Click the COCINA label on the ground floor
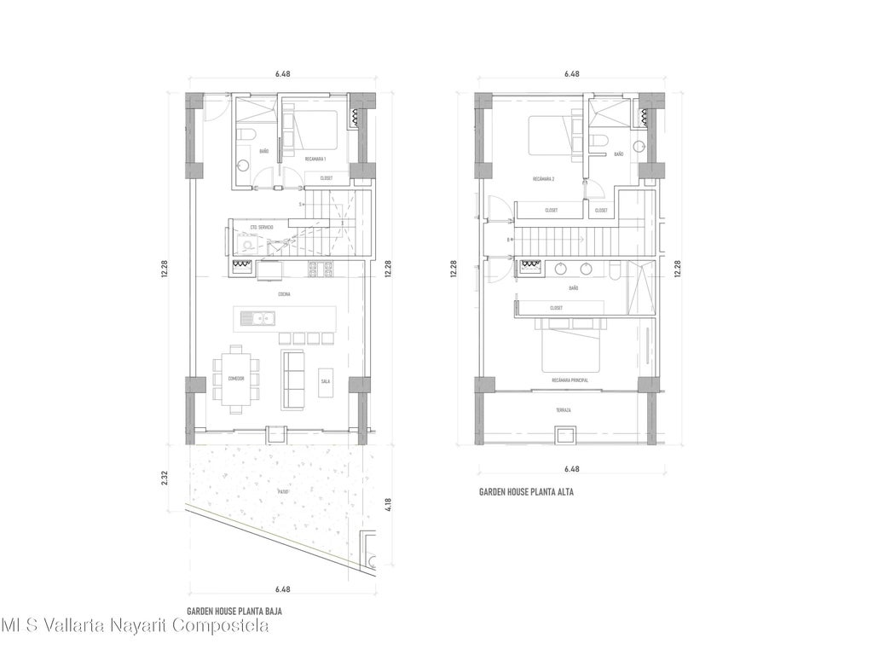(x=283, y=294)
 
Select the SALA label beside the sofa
(x=326, y=381)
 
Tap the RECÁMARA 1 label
(x=315, y=159)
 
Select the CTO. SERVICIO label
(x=262, y=228)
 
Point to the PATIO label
(x=283, y=492)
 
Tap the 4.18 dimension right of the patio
(x=388, y=504)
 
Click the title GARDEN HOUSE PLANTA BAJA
(x=234, y=612)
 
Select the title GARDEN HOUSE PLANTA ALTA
(x=524, y=492)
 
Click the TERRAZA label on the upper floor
(x=564, y=410)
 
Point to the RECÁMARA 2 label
(x=544, y=179)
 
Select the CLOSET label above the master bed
(x=556, y=308)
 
